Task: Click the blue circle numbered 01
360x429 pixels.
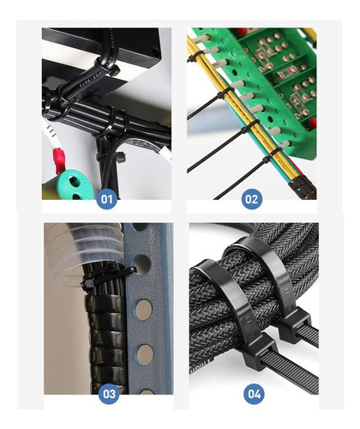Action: (107, 199)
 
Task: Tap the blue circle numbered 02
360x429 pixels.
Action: (252, 199)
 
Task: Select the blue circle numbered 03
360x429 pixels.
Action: (109, 394)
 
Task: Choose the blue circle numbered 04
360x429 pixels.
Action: (254, 394)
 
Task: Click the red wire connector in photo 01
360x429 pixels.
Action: (58, 160)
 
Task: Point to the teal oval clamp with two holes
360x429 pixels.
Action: (75, 185)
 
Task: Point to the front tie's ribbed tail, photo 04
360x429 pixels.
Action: (290, 373)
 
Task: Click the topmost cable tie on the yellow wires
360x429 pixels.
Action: (195, 57)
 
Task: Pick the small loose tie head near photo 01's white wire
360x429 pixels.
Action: (121, 157)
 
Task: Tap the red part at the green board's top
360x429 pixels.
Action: (242, 32)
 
